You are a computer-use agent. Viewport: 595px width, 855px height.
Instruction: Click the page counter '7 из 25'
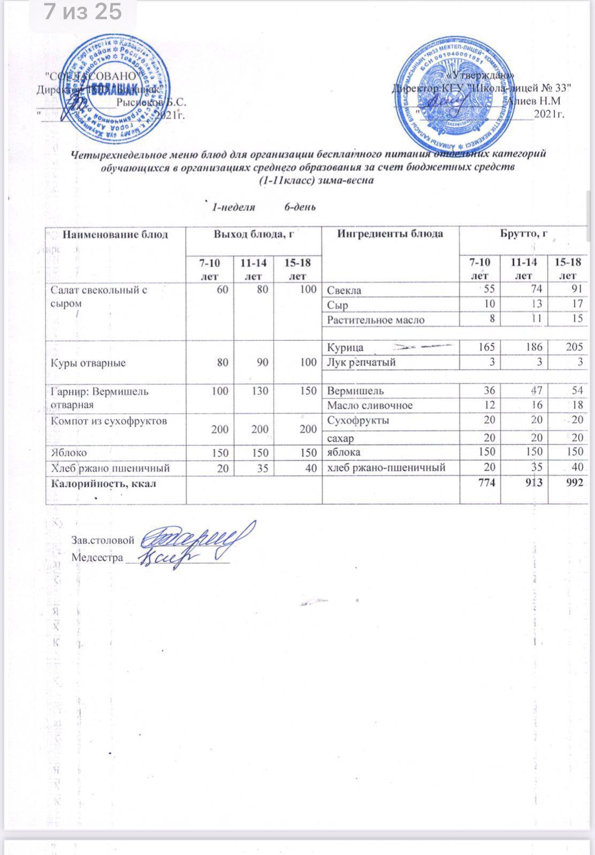(x=83, y=12)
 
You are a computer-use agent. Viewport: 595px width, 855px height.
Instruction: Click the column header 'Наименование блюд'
(x=116, y=234)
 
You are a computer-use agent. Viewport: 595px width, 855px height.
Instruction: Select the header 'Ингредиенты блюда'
(x=390, y=234)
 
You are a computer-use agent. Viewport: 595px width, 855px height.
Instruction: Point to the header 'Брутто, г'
(x=523, y=234)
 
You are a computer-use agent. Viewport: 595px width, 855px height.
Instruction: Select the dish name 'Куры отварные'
(x=88, y=363)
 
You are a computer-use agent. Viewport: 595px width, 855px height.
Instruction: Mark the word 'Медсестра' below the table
(x=97, y=557)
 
